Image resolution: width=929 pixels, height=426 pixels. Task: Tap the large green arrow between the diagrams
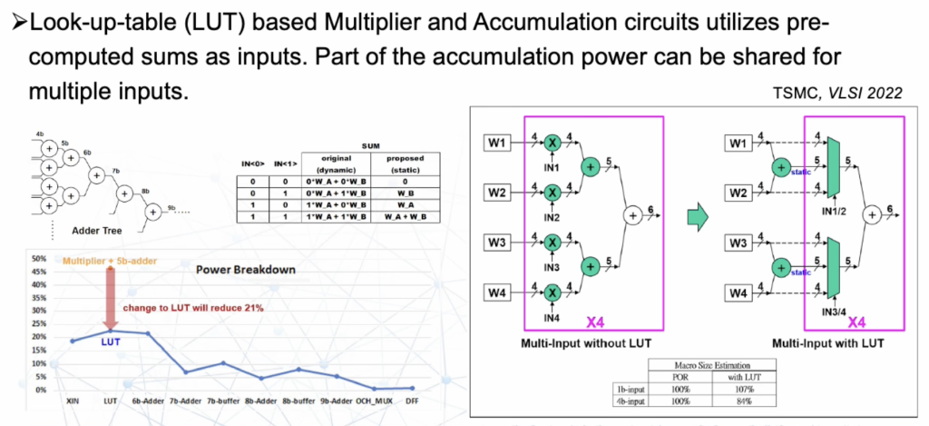[694, 216]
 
